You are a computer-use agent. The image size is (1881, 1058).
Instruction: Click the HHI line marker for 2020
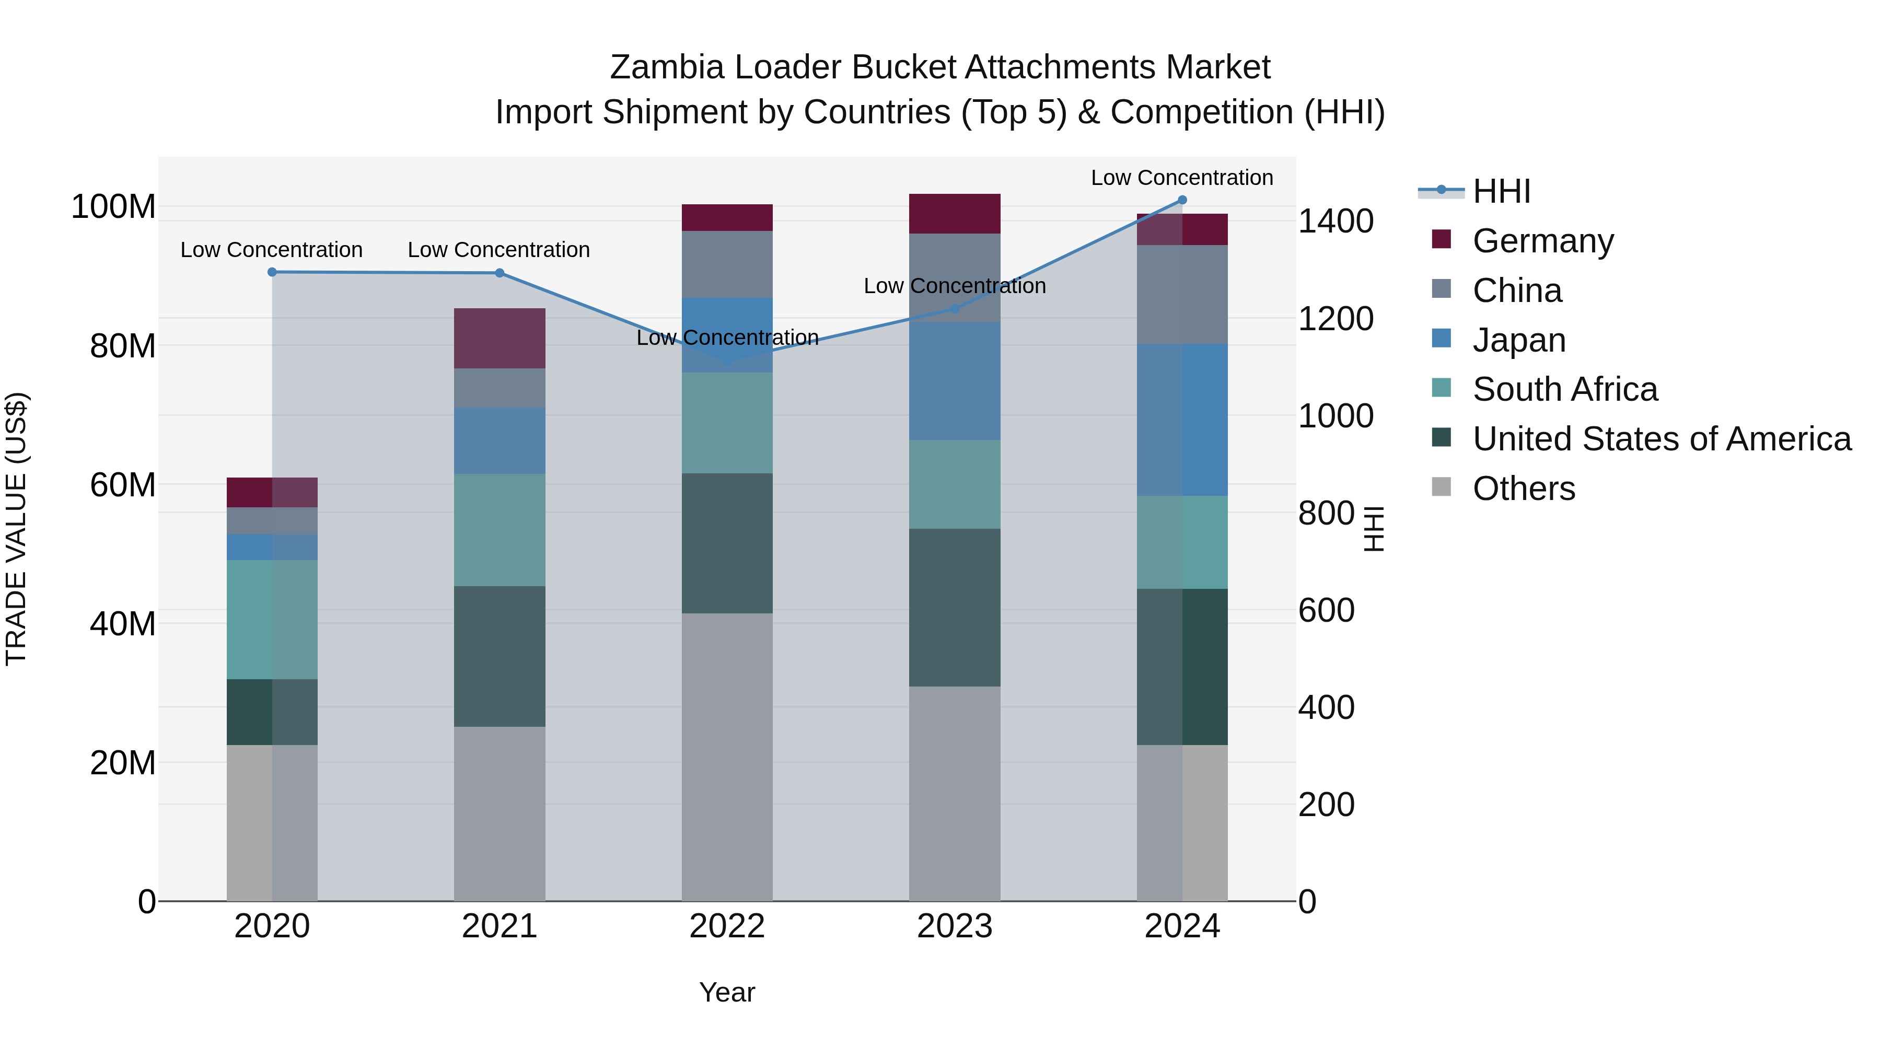272,272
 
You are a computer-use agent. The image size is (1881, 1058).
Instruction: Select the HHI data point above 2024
1182,200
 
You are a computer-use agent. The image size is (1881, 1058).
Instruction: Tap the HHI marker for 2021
500,273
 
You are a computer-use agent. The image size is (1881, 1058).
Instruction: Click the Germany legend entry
1542,241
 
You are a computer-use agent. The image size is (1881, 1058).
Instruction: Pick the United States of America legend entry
1661,439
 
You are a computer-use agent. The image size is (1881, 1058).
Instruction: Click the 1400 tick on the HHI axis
1336,221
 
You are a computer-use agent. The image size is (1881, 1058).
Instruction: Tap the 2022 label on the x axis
727,926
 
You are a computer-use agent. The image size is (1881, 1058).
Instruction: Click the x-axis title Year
727,992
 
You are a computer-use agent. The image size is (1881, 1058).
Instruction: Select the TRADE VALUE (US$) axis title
16,529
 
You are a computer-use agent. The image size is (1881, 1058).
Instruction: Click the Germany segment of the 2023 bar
955,214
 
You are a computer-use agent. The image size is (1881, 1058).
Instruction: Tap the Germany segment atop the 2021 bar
500,338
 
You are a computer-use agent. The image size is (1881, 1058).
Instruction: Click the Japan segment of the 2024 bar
1182,420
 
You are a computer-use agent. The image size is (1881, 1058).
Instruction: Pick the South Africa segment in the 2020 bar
272,619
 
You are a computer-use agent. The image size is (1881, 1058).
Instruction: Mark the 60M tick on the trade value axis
123,485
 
